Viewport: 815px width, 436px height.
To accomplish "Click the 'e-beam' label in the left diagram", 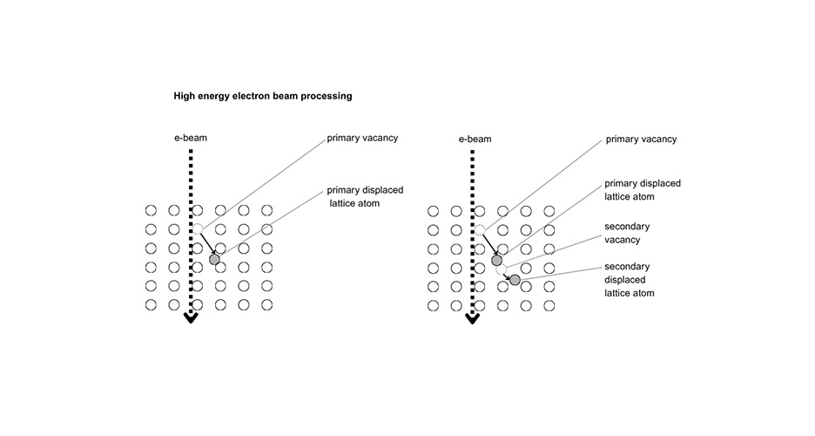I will click(x=191, y=139).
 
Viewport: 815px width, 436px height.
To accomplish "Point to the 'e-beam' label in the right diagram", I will click(x=475, y=139).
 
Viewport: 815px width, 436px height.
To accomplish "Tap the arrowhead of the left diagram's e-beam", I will click(x=191, y=318).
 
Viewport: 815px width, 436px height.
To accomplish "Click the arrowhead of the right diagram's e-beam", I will click(x=473, y=318).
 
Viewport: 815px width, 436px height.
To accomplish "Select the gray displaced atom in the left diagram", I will click(x=214, y=260).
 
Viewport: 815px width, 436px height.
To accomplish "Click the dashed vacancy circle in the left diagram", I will click(x=198, y=229).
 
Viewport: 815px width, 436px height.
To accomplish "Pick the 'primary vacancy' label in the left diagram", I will click(x=361, y=139).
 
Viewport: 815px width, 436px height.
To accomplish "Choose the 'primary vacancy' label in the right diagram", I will click(x=640, y=139).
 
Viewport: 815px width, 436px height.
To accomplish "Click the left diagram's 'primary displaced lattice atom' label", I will click(x=365, y=196).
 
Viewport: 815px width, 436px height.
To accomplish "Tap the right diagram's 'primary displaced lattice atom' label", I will click(x=643, y=190).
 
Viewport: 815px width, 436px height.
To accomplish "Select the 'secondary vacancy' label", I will click(x=627, y=233).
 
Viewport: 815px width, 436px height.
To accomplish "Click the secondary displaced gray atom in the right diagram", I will click(x=515, y=280).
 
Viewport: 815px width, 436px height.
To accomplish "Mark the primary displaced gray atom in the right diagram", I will click(x=496, y=260).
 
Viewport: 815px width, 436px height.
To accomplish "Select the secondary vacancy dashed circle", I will click(x=502, y=269).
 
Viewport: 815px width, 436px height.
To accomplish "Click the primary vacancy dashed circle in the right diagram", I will click(x=479, y=229).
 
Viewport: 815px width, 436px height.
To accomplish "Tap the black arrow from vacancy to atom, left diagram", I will click(x=206, y=245).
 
